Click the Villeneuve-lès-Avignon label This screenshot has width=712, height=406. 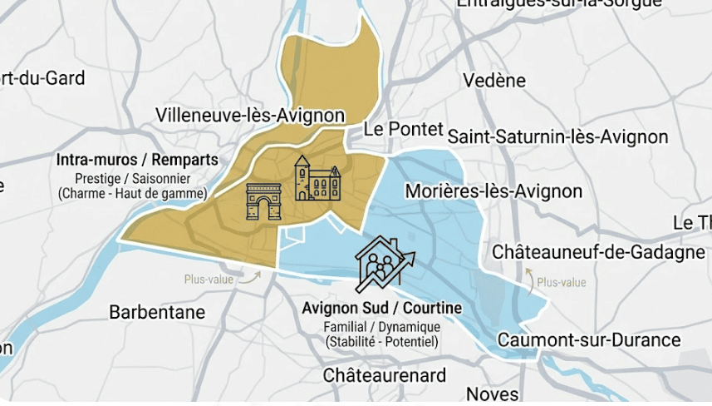(x=250, y=116)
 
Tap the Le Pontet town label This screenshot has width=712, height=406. (x=398, y=130)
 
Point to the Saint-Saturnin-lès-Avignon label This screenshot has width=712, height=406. (x=557, y=136)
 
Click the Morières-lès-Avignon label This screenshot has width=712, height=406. (x=493, y=191)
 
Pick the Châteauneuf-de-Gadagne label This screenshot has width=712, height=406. (x=598, y=251)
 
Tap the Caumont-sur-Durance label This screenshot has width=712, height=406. (x=588, y=339)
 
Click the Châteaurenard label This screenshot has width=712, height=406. (x=385, y=375)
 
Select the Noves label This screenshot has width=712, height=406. (x=493, y=394)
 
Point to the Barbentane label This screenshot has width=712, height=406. (x=157, y=313)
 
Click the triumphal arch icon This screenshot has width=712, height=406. (x=264, y=202)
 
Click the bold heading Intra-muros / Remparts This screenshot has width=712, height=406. (x=137, y=160)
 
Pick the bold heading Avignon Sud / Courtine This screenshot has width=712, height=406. (x=382, y=309)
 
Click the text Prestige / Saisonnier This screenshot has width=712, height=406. (x=133, y=179)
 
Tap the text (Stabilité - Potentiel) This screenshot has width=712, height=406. (x=382, y=342)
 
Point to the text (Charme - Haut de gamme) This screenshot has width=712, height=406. (x=133, y=194)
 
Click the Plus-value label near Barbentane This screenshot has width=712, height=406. (x=209, y=280)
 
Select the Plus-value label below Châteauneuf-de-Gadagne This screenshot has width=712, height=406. (x=561, y=283)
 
